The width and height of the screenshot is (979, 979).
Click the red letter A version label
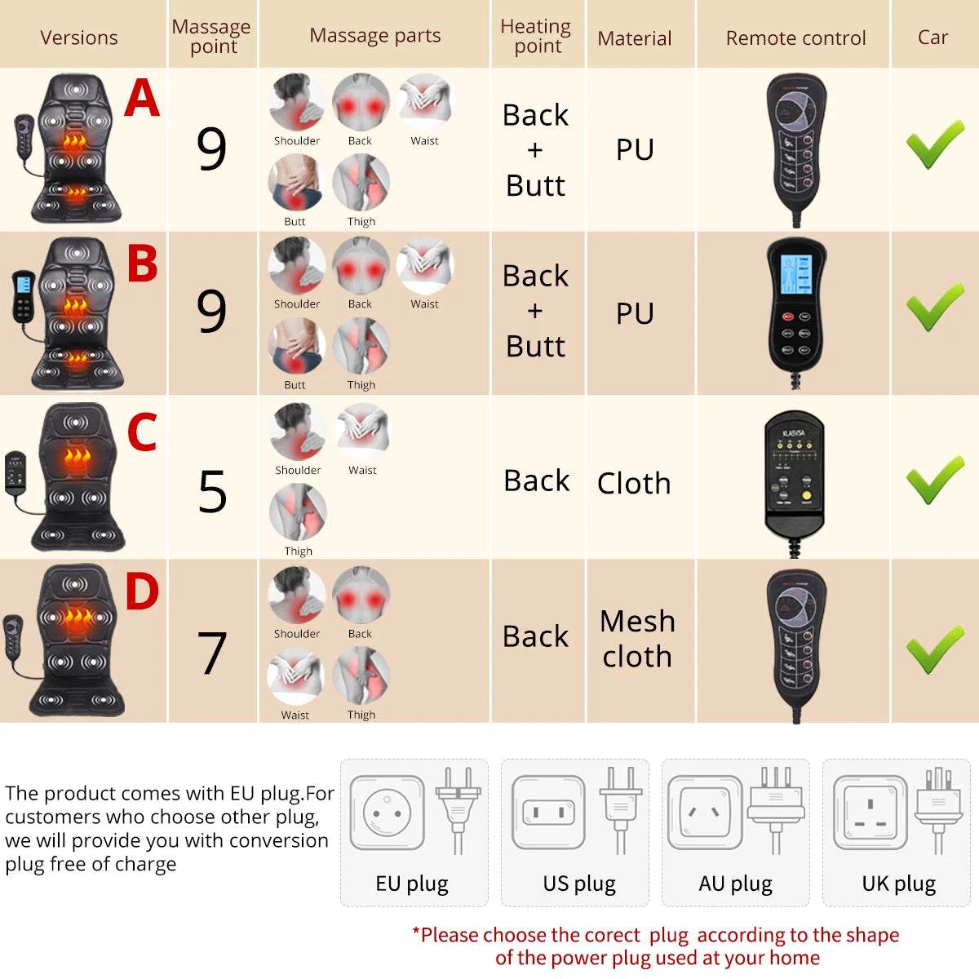141,99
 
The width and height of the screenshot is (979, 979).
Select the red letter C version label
142,432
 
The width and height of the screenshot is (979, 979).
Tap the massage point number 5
212,493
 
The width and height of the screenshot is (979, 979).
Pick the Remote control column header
795,38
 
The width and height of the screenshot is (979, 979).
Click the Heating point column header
536,36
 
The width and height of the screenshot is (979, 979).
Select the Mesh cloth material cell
637,639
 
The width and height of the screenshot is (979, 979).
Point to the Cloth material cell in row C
634,483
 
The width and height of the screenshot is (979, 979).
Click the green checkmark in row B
935,308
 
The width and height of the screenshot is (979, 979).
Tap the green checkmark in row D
935,649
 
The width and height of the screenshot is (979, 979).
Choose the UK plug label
898,884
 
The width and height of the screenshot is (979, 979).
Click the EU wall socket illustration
388,813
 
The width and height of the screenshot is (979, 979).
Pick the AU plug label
735,884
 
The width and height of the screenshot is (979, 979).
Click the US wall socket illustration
548,813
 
